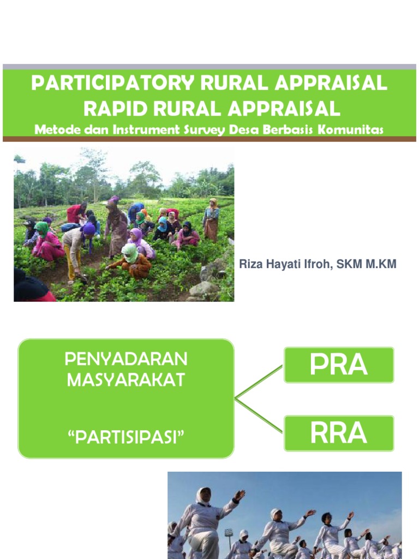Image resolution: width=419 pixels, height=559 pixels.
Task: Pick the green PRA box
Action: coord(338,365)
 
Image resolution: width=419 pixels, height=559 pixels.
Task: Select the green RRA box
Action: coord(338,433)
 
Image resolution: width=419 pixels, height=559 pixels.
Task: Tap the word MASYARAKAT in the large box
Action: coord(126,380)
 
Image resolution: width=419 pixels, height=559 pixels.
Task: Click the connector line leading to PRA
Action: coord(259,382)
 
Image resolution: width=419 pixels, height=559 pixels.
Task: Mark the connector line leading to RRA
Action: coord(259,416)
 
